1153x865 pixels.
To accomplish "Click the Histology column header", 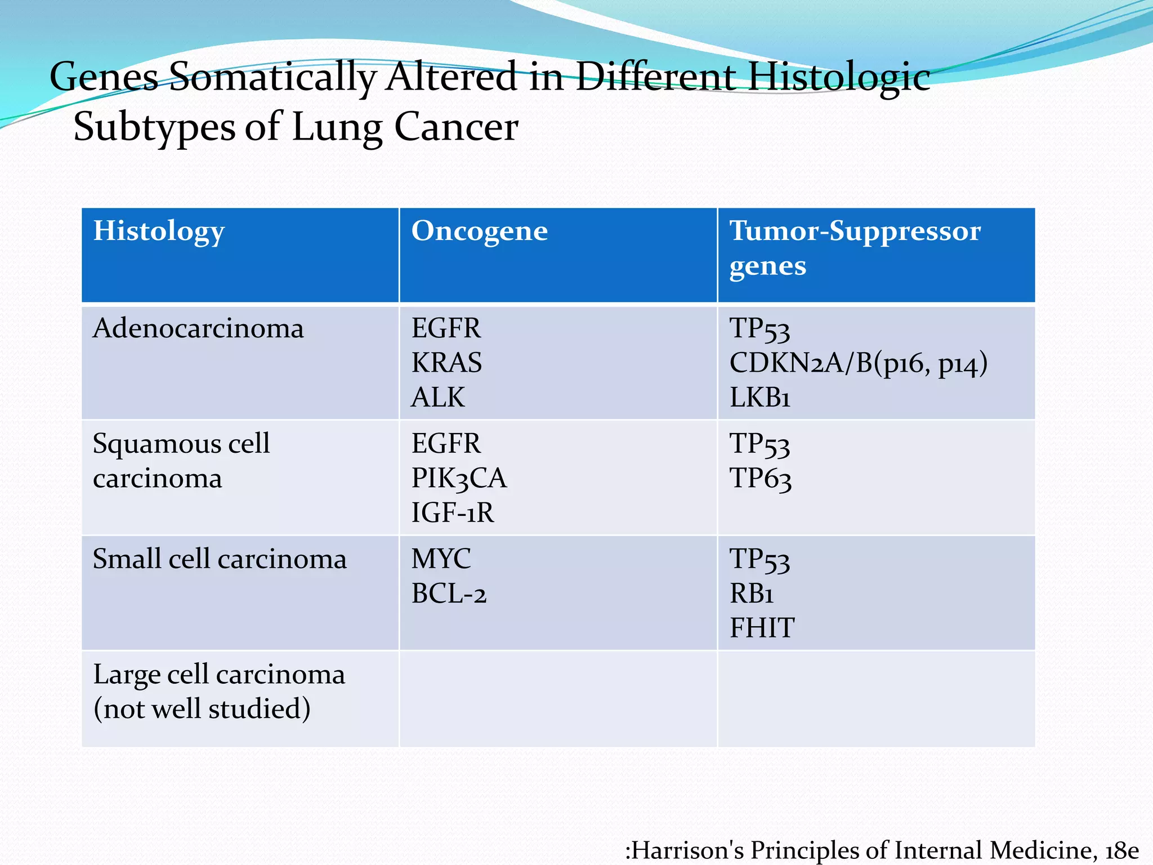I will tap(159, 231).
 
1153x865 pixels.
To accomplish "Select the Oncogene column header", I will tap(479, 231).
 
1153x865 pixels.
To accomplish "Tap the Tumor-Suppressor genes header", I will tap(855, 248).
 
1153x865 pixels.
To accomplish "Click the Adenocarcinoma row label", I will tap(198, 328).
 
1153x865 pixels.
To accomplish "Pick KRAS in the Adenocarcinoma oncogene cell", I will tap(446, 363).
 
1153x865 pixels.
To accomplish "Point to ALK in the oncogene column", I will tap(438, 398).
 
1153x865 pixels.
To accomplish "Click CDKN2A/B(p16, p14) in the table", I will tap(858, 363).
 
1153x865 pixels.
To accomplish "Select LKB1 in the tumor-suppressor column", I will tap(759, 398).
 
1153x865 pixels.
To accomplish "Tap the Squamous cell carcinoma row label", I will tap(181, 461).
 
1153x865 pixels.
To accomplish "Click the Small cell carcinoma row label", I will tap(220, 559).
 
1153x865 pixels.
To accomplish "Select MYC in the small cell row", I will tap(441, 559).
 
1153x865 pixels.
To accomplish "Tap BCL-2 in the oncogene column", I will tap(449, 594).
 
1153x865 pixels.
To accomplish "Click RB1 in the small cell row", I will tap(752, 594).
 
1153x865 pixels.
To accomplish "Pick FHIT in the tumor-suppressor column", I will tap(762, 628).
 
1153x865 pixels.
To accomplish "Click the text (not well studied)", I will tap(202, 709).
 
